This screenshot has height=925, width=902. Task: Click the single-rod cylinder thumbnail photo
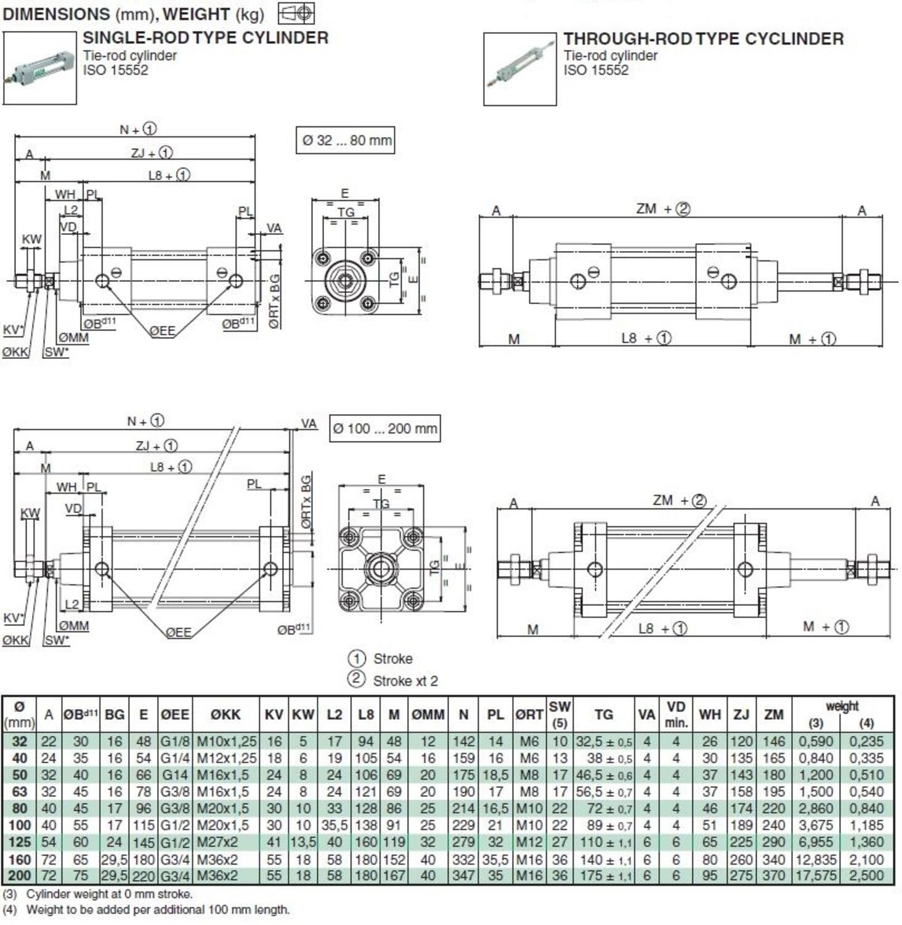[39, 68]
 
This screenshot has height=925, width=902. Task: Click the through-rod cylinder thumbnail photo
[519, 69]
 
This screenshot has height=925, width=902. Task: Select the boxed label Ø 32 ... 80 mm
[346, 141]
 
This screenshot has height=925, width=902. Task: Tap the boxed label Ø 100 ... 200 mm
[384, 429]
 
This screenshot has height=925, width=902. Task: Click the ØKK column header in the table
[225, 715]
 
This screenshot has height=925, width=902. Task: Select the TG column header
[603, 715]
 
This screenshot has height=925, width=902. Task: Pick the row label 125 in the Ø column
[20, 842]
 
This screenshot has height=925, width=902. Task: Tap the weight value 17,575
[816, 876]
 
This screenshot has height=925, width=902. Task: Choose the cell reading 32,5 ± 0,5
[603, 742]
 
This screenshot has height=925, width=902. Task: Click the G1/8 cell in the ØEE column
[175, 742]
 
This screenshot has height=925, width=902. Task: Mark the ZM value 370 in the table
[774, 876]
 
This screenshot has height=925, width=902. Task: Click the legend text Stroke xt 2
[405, 681]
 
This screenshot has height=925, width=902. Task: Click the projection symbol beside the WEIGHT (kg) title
[296, 13]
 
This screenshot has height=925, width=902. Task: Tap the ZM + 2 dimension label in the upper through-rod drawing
[663, 209]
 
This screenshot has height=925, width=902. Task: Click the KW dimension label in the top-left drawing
[31, 239]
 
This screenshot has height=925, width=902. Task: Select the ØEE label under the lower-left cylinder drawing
[178, 632]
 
